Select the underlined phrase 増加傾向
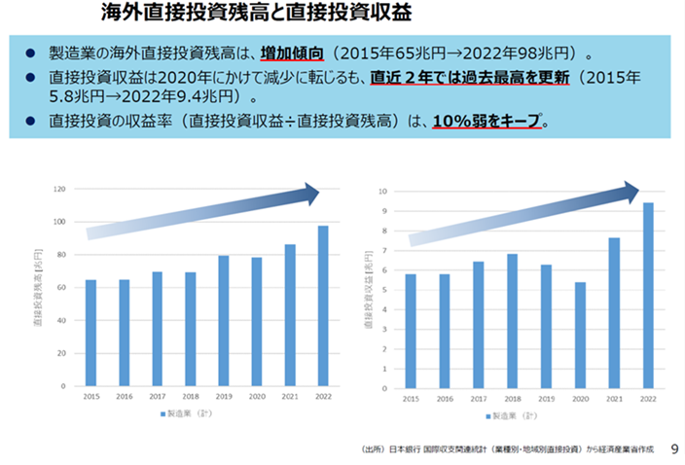coord(291,53)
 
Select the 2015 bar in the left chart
coord(90,333)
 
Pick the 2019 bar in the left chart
coord(224,321)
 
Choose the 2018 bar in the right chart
coord(513,320)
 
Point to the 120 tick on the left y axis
coord(59,189)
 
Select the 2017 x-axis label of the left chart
coord(158,397)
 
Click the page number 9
coord(675,448)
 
